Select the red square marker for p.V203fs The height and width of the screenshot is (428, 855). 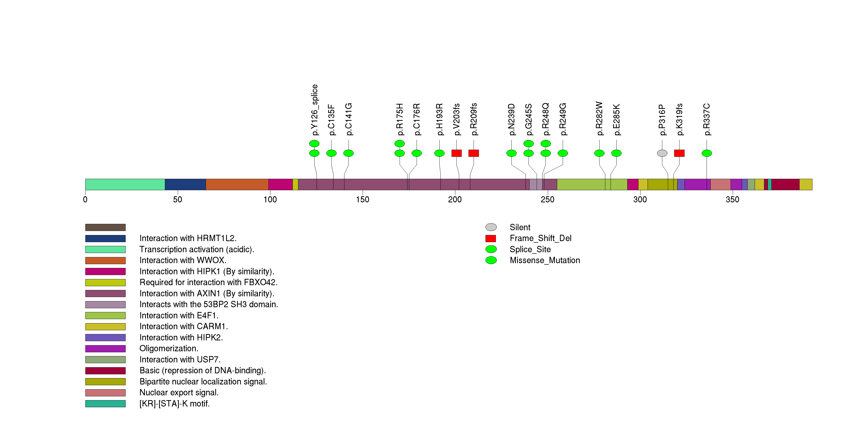point(456,153)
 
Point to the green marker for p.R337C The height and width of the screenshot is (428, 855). point(707,153)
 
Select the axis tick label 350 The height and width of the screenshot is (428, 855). point(732,199)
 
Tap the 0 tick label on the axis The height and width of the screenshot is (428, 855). point(85,199)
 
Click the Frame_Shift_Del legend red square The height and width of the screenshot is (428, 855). point(491,238)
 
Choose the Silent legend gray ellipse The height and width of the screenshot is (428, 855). point(491,227)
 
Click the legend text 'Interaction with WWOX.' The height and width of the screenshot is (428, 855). point(183,260)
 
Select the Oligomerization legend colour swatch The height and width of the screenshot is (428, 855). point(105,348)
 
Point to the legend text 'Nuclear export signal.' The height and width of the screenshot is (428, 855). point(179,393)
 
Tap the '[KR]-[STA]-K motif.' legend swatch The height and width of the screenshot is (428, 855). point(105,403)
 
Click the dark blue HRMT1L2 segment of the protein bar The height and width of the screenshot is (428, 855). point(185,184)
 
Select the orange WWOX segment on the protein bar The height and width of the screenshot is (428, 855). point(237,184)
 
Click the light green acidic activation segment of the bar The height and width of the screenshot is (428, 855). point(125,184)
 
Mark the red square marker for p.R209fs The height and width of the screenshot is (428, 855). point(474,153)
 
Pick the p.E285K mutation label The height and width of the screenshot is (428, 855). point(616,120)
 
